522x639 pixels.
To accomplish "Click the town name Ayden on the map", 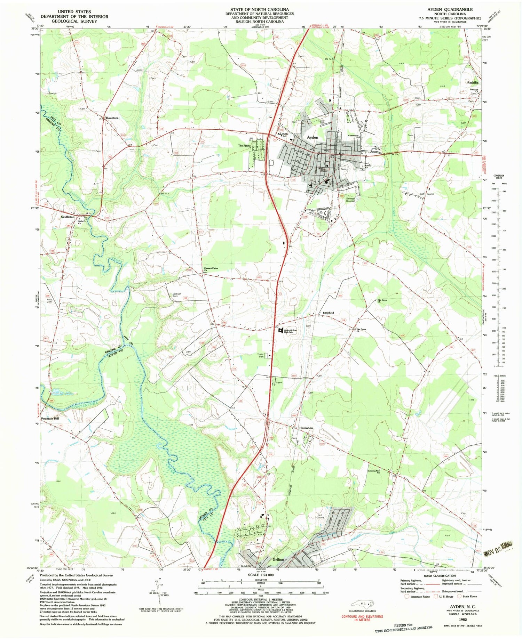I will click(x=313, y=137).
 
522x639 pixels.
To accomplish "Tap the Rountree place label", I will click(x=112, y=118).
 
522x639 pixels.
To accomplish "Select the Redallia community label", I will click(x=473, y=82).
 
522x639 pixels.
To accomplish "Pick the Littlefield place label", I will click(x=328, y=313).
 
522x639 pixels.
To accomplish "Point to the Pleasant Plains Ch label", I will click(x=211, y=269).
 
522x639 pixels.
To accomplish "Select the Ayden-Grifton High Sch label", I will click(x=290, y=331).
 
